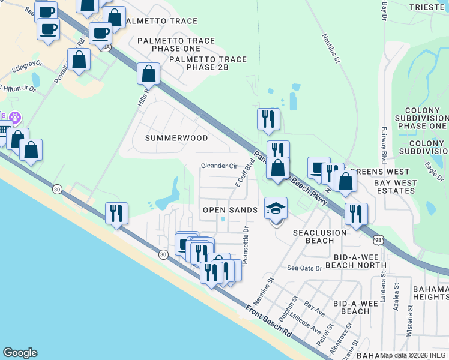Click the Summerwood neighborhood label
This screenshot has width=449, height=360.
(x=177, y=138)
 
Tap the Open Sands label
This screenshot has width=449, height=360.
(x=230, y=210)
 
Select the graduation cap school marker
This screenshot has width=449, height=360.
(x=276, y=209)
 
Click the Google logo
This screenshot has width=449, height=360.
(x=20, y=353)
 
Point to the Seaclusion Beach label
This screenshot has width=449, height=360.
(x=319, y=236)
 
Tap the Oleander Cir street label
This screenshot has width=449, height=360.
(x=219, y=166)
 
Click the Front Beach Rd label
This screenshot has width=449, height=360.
(x=269, y=324)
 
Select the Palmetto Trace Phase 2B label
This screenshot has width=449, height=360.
(x=208, y=64)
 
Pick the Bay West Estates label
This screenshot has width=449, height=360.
(x=394, y=187)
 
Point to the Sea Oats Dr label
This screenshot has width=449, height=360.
(x=304, y=268)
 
